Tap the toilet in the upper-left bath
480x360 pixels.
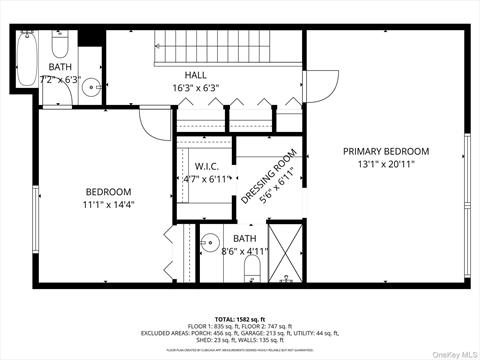click(x=60, y=46)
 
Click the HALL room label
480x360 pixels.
click(x=196, y=74)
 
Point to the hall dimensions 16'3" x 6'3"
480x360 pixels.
click(x=196, y=87)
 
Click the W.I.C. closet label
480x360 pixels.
click(x=206, y=166)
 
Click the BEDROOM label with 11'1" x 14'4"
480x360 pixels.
click(x=107, y=191)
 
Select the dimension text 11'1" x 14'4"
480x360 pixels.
click(x=107, y=204)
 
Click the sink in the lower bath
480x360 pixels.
click(x=211, y=241)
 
